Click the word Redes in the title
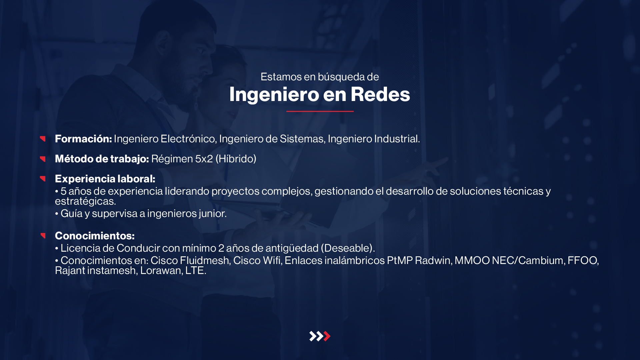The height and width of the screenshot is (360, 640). click(380, 94)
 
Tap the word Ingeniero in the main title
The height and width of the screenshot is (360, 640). click(274, 95)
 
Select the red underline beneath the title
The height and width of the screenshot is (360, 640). click(320, 111)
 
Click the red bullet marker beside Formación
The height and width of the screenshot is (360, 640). click(43, 139)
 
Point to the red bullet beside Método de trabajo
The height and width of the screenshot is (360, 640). click(43, 159)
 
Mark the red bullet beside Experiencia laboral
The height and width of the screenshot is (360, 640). click(43, 179)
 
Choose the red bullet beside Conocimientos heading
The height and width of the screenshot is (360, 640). click(43, 236)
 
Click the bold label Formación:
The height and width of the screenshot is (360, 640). click(83, 139)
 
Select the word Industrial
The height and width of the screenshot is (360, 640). click(397, 139)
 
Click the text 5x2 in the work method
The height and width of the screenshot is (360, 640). click(204, 159)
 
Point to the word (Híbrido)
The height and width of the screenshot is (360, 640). click(236, 159)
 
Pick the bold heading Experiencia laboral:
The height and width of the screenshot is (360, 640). click(105, 179)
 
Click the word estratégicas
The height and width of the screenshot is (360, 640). click(85, 201)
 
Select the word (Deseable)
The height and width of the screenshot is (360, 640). click(348, 248)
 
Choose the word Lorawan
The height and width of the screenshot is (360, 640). click(161, 270)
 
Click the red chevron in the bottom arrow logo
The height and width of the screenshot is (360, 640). click(327, 336)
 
